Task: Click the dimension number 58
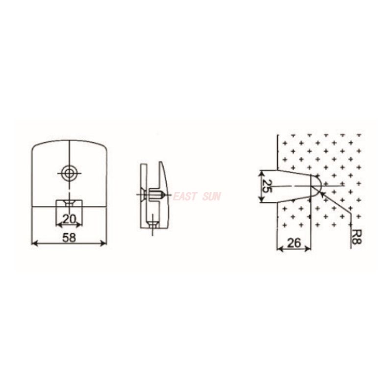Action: tap(69, 237)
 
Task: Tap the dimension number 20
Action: tap(69, 219)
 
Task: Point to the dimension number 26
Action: tap(294, 242)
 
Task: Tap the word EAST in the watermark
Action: tap(185, 197)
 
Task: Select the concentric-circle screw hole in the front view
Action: tap(69, 172)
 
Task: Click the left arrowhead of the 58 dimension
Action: tap(34, 243)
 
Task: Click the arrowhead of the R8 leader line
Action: tap(321, 193)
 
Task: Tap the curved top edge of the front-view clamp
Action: tap(69, 141)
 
